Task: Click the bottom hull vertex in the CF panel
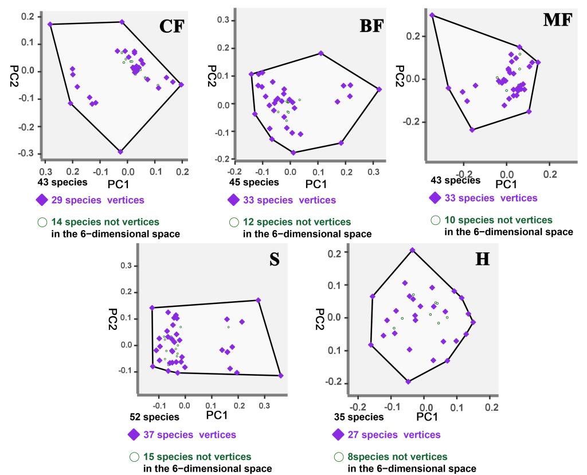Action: coord(120,151)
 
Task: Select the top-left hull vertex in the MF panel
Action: coord(432,15)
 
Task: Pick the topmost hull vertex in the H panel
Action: coord(412,250)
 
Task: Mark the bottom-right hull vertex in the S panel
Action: coord(281,376)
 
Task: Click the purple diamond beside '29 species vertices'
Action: coord(40,200)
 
